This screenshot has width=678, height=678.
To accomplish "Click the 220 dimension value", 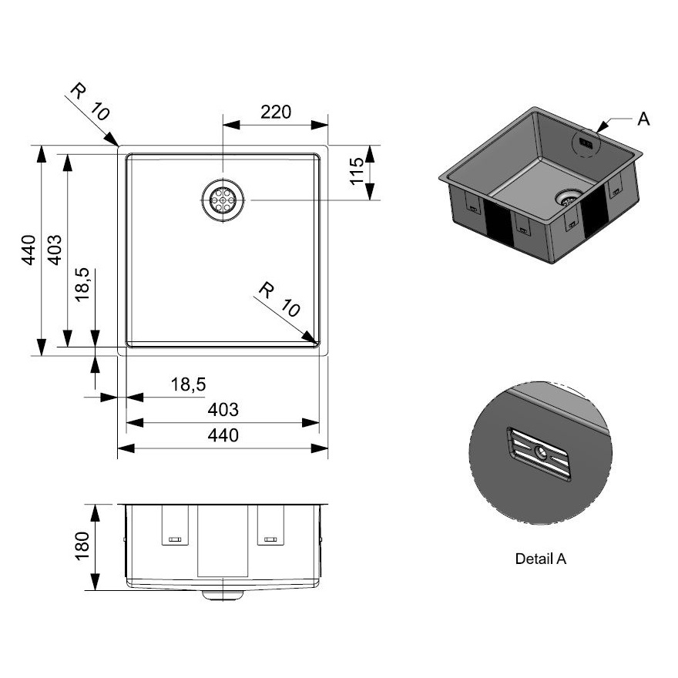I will point(275,112).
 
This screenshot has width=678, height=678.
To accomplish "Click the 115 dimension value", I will point(355,171).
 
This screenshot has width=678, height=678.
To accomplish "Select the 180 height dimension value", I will point(82,546).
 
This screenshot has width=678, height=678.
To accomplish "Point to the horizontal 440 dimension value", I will point(222,436).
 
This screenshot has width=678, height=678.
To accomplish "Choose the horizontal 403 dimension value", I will point(222,410).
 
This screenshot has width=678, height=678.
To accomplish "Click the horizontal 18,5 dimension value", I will point(188,384).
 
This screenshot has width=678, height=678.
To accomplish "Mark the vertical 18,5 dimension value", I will point(83,284).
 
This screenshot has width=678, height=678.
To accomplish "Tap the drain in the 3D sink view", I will point(569,197).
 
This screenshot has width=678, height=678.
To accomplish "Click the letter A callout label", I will point(644,119).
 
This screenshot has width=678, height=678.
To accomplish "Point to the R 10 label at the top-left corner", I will point(89,101).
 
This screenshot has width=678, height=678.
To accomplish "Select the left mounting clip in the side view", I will point(175,526).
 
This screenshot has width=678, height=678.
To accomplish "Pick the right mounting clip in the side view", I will point(270,526).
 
